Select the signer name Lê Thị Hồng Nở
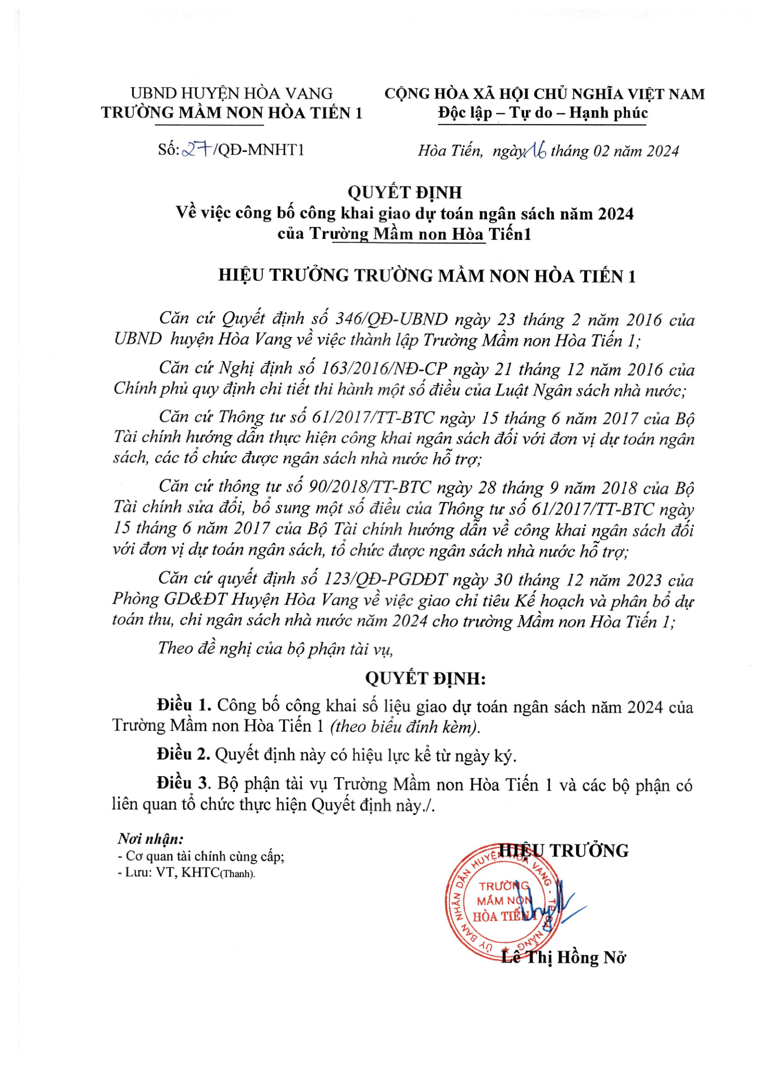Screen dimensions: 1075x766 coord(563,958)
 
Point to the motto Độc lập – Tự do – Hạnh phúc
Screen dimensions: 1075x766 coord(543,113)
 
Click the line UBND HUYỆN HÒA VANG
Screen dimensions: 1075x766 coord(232,94)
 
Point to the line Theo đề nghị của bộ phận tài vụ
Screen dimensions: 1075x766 coord(275,649)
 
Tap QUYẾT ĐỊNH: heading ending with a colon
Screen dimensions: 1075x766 coord(425,679)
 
